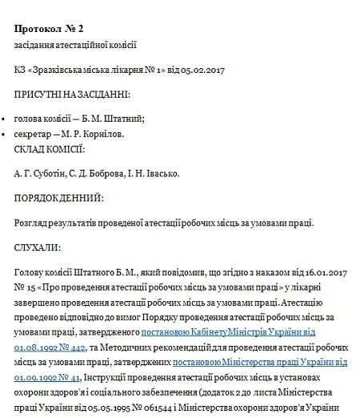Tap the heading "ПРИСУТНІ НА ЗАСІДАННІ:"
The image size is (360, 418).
71,95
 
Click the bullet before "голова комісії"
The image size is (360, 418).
6,120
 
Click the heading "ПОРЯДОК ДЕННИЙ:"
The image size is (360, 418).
58,196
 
